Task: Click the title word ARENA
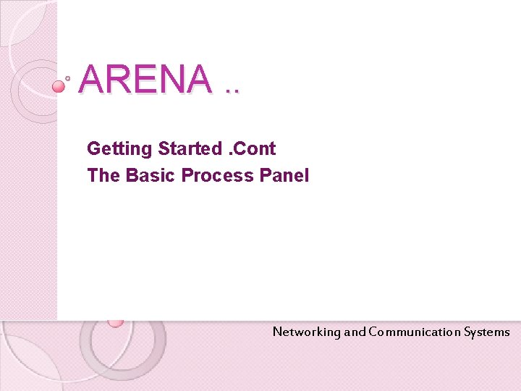(145, 79)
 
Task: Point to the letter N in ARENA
(171, 79)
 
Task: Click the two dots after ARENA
(232, 91)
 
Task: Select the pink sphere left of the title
(59, 86)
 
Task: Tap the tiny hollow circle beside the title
(68, 77)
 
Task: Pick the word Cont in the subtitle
(255, 148)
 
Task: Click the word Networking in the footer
(306, 332)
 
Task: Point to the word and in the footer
(355, 332)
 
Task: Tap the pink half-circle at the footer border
(115, 322)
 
